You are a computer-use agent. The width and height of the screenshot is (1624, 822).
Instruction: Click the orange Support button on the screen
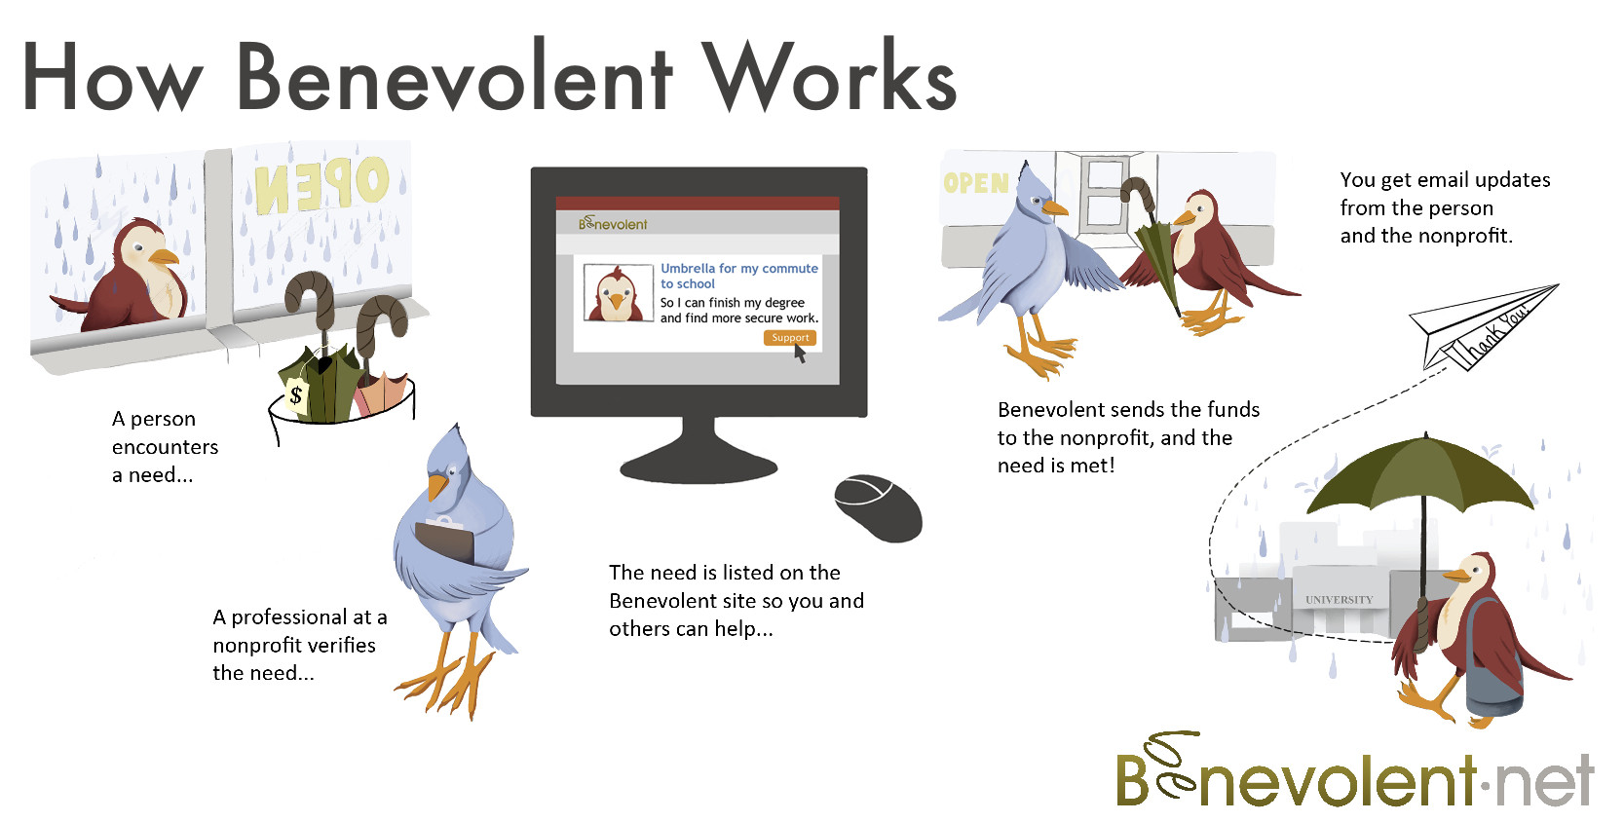tap(789, 338)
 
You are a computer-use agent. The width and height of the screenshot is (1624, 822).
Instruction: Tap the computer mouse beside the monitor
tap(878, 507)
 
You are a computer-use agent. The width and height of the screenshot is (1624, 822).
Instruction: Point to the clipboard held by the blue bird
tap(444, 540)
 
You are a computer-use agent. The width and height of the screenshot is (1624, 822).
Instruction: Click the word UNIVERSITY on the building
tap(1340, 600)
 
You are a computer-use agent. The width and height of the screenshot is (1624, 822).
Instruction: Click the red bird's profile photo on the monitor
tap(618, 293)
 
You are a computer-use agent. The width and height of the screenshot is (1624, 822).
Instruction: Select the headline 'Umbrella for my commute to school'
tap(738, 277)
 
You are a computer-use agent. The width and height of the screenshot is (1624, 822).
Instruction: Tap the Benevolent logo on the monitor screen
tap(613, 223)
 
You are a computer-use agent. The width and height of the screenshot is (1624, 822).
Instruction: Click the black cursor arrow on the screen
tap(800, 353)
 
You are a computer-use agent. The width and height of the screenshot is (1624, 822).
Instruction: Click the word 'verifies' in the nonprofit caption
tap(341, 645)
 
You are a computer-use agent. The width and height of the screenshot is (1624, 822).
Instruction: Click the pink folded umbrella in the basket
tap(381, 392)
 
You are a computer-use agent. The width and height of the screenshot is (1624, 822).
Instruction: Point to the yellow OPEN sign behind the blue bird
tap(976, 183)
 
